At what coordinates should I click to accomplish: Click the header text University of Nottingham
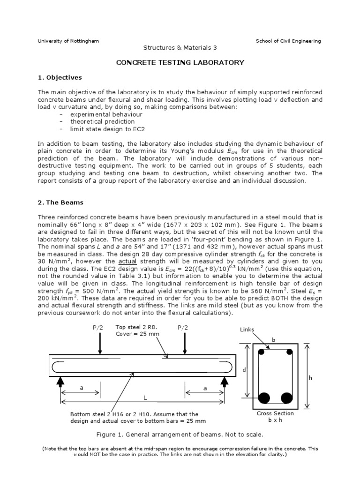pyautogui.click(x=68, y=41)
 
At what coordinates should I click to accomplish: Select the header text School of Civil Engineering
pyautogui.click(x=288, y=41)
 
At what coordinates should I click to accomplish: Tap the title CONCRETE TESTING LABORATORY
pyautogui.click(x=180, y=62)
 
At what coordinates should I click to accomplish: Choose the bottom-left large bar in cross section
pyautogui.click(x=264, y=398)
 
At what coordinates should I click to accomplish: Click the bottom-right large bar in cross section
pyautogui.click(x=286, y=398)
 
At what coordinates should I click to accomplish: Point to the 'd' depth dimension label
pyautogui.click(x=244, y=370)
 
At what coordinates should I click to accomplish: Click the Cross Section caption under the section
pyautogui.click(x=276, y=413)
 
